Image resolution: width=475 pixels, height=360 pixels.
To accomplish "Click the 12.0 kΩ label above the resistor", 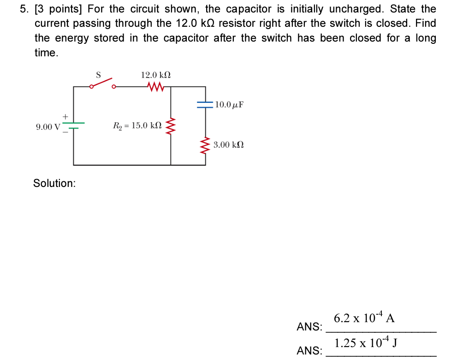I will click(x=156, y=75).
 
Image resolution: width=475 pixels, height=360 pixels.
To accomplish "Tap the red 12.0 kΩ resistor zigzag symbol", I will click(x=155, y=86).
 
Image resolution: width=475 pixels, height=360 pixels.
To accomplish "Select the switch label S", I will click(x=98, y=74).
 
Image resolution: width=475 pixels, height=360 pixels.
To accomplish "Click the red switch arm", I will click(x=102, y=82).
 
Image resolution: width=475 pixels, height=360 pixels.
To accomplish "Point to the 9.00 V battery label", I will click(x=47, y=126).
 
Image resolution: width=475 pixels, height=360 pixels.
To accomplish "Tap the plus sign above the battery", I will click(x=65, y=116).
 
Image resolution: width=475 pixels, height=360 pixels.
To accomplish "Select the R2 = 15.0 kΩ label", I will click(x=137, y=125).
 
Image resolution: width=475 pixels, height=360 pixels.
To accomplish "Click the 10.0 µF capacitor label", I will click(x=229, y=105).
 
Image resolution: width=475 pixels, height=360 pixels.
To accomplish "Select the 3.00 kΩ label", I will click(x=229, y=145).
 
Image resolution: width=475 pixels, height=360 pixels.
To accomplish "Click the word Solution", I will click(x=54, y=183).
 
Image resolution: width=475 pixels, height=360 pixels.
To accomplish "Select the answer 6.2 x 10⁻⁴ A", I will click(x=364, y=318).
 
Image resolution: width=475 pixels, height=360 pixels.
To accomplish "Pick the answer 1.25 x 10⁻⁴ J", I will click(x=366, y=343).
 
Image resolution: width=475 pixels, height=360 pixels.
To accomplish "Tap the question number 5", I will click(x=24, y=9).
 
